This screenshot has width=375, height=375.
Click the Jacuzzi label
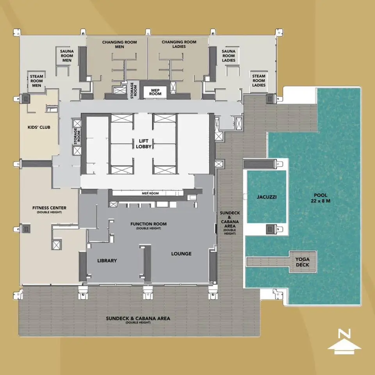point(267,197)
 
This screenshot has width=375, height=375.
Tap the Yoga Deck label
point(302,262)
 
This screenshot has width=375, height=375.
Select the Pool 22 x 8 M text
point(320,198)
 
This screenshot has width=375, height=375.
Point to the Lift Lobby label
point(143,144)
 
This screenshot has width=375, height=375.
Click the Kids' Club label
point(39,127)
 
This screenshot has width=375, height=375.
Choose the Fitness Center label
point(49,209)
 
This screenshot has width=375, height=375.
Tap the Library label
point(107,260)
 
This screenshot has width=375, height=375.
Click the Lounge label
point(181,254)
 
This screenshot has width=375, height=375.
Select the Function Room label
point(148,225)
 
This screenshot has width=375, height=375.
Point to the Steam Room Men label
point(37,81)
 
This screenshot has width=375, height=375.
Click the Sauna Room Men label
point(67,56)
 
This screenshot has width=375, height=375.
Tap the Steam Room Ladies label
point(259,81)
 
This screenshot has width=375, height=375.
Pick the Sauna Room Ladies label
point(229,56)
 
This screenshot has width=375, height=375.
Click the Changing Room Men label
point(120,44)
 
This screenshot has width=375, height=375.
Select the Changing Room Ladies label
point(179,44)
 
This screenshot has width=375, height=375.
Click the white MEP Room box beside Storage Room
point(155,92)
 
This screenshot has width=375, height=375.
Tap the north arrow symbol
point(344,346)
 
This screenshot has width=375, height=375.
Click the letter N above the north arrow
point(345,334)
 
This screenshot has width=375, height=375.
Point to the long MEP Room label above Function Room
point(150,193)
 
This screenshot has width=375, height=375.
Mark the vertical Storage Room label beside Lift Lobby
point(77,136)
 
